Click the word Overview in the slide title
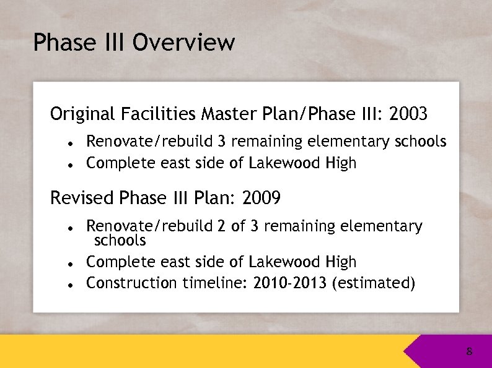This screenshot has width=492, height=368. pos(183,43)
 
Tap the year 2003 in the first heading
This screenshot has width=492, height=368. pos(409,114)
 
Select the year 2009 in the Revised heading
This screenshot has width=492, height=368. pos(262,199)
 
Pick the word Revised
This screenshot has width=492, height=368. pos(83,199)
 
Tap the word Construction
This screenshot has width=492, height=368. pos(131,283)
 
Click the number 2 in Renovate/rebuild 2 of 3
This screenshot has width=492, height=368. pos(222,226)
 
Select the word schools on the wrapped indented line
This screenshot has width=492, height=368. pos(120,241)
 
